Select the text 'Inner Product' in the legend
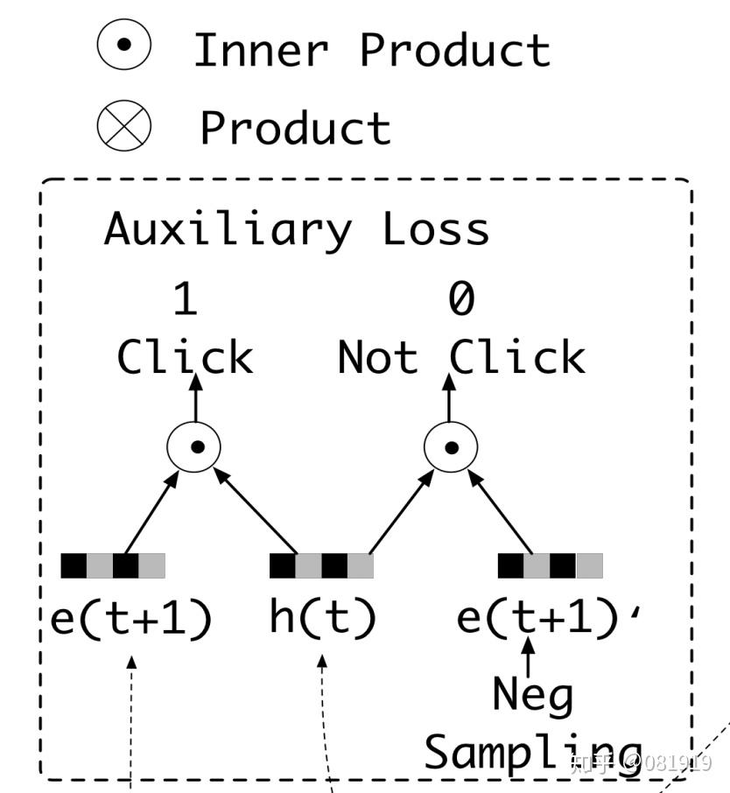click(371, 49)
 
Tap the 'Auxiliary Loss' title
click(296, 229)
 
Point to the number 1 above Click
click(185, 300)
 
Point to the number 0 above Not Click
click(460, 300)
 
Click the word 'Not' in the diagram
click(377, 358)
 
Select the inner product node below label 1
click(194, 447)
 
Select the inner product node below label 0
click(451, 447)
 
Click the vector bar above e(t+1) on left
click(113, 566)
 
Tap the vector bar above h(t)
click(321, 566)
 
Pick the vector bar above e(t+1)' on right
click(551, 566)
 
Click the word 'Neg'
click(532, 696)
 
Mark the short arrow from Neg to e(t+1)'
click(528, 658)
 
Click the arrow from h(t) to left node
click(256, 514)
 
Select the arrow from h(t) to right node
click(401, 514)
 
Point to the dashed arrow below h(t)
click(326, 718)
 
